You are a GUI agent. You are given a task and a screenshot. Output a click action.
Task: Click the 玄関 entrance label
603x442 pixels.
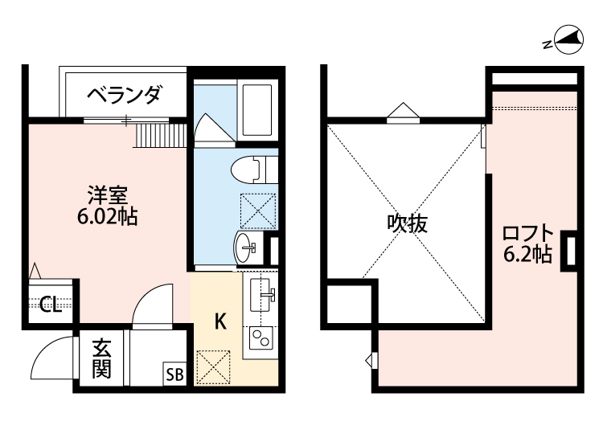click(x=100, y=359)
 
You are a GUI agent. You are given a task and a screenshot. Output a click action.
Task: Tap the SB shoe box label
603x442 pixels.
click(x=174, y=374)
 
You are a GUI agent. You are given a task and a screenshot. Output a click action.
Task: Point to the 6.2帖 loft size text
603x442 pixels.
click(x=527, y=255)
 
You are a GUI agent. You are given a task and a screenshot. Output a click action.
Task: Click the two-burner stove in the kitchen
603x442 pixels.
click(x=260, y=338)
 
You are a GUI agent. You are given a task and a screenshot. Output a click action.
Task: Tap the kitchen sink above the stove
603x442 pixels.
click(x=260, y=293)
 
